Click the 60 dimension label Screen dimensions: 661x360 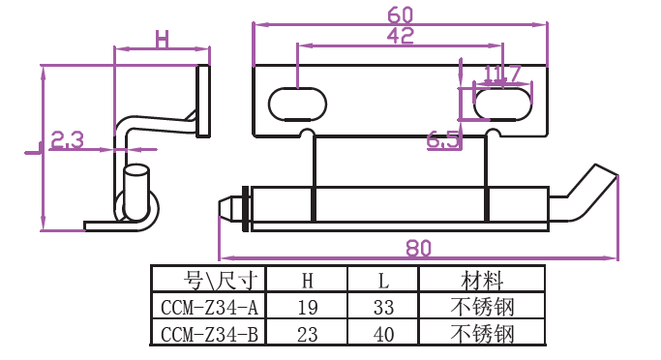(400, 15)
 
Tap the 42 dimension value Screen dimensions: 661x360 (400, 36)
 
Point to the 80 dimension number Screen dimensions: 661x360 (419, 249)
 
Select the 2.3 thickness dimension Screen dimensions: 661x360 (67, 140)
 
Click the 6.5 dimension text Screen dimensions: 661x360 (442, 140)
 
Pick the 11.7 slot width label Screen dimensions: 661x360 (502, 75)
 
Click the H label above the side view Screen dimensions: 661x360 (162, 40)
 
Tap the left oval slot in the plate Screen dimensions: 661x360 (298, 104)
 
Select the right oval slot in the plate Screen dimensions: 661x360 (502, 104)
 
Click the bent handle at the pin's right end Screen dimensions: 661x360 (588, 193)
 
